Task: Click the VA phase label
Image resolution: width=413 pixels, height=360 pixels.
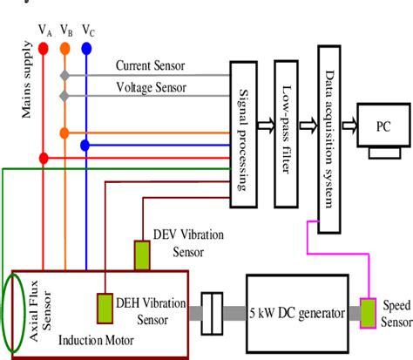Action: click(44, 31)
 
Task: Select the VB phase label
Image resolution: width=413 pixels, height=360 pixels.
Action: click(66, 31)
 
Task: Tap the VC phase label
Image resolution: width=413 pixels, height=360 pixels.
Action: click(88, 31)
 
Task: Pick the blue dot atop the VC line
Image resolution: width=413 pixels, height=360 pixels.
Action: click(86, 49)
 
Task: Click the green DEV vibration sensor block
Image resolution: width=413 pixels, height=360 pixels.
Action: click(142, 255)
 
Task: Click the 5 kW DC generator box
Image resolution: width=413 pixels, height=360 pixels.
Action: click(297, 312)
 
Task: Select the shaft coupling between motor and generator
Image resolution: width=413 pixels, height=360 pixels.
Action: click(213, 312)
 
